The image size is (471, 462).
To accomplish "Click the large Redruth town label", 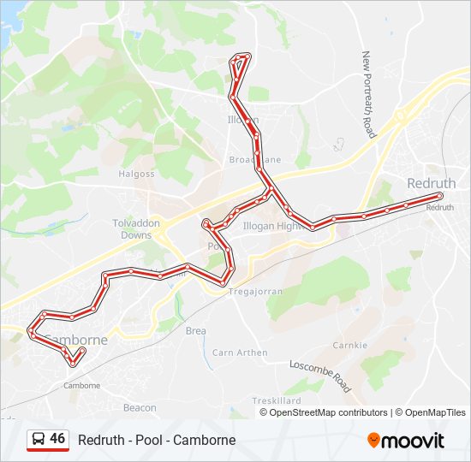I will [x=432, y=183].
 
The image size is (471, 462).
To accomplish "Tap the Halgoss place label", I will [x=137, y=174].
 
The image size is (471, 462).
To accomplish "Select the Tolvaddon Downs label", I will [x=136, y=228].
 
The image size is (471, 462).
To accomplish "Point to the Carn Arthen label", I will [x=240, y=352].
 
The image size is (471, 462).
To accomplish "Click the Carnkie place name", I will [x=350, y=346].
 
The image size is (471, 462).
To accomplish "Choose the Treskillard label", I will [x=277, y=400].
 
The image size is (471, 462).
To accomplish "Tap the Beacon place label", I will [x=140, y=408].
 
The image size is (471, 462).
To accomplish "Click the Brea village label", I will [x=195, y=330].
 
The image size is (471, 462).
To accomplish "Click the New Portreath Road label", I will [x=369, y=94].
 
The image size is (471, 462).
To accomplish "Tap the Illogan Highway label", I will [x=274, y=227].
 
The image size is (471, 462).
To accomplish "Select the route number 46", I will [x=57, y=439].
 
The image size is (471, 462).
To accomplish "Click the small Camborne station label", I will [x=82, y=385].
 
